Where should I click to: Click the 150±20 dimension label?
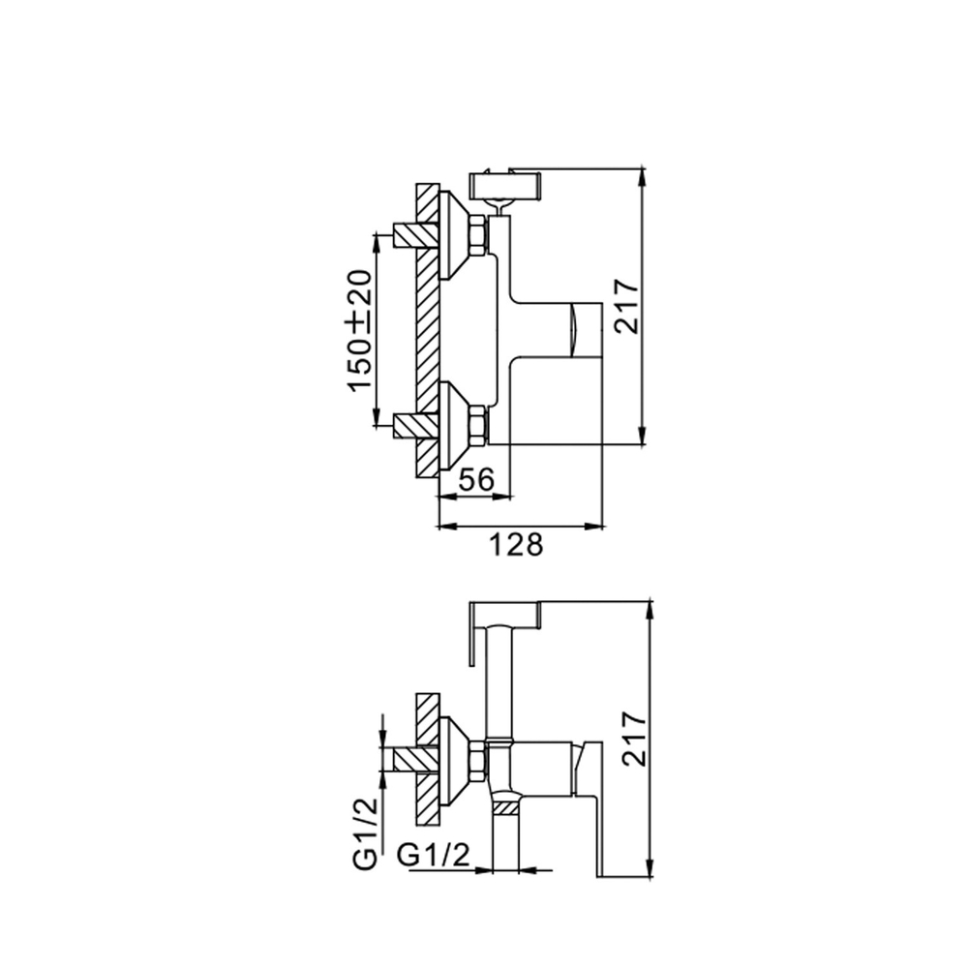360,331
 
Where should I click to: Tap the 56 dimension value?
474,479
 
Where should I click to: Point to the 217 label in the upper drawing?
627,306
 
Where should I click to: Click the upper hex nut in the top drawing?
477,235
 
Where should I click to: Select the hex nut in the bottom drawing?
477,760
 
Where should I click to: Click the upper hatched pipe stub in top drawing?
413,235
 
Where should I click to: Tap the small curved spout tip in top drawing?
576,328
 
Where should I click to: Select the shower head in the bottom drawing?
503,614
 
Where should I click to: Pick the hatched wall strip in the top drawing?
427,329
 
